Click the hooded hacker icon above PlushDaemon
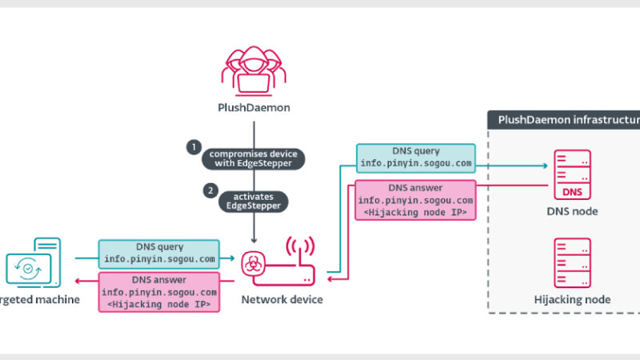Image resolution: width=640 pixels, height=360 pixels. click(254, 70)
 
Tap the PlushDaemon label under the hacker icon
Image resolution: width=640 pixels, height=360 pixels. click(254, 107)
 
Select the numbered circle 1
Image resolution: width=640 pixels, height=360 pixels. click(193, 147)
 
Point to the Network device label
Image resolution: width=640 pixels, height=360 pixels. click(282, 300)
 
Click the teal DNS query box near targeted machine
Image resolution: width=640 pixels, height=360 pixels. click(158, 254)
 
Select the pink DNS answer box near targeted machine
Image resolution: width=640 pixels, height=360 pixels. click(159, 292)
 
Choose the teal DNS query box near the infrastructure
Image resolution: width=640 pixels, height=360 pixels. click(414, 158)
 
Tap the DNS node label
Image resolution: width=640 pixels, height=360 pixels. click(572, 211)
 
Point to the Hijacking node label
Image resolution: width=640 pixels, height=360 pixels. click(572, 300)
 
